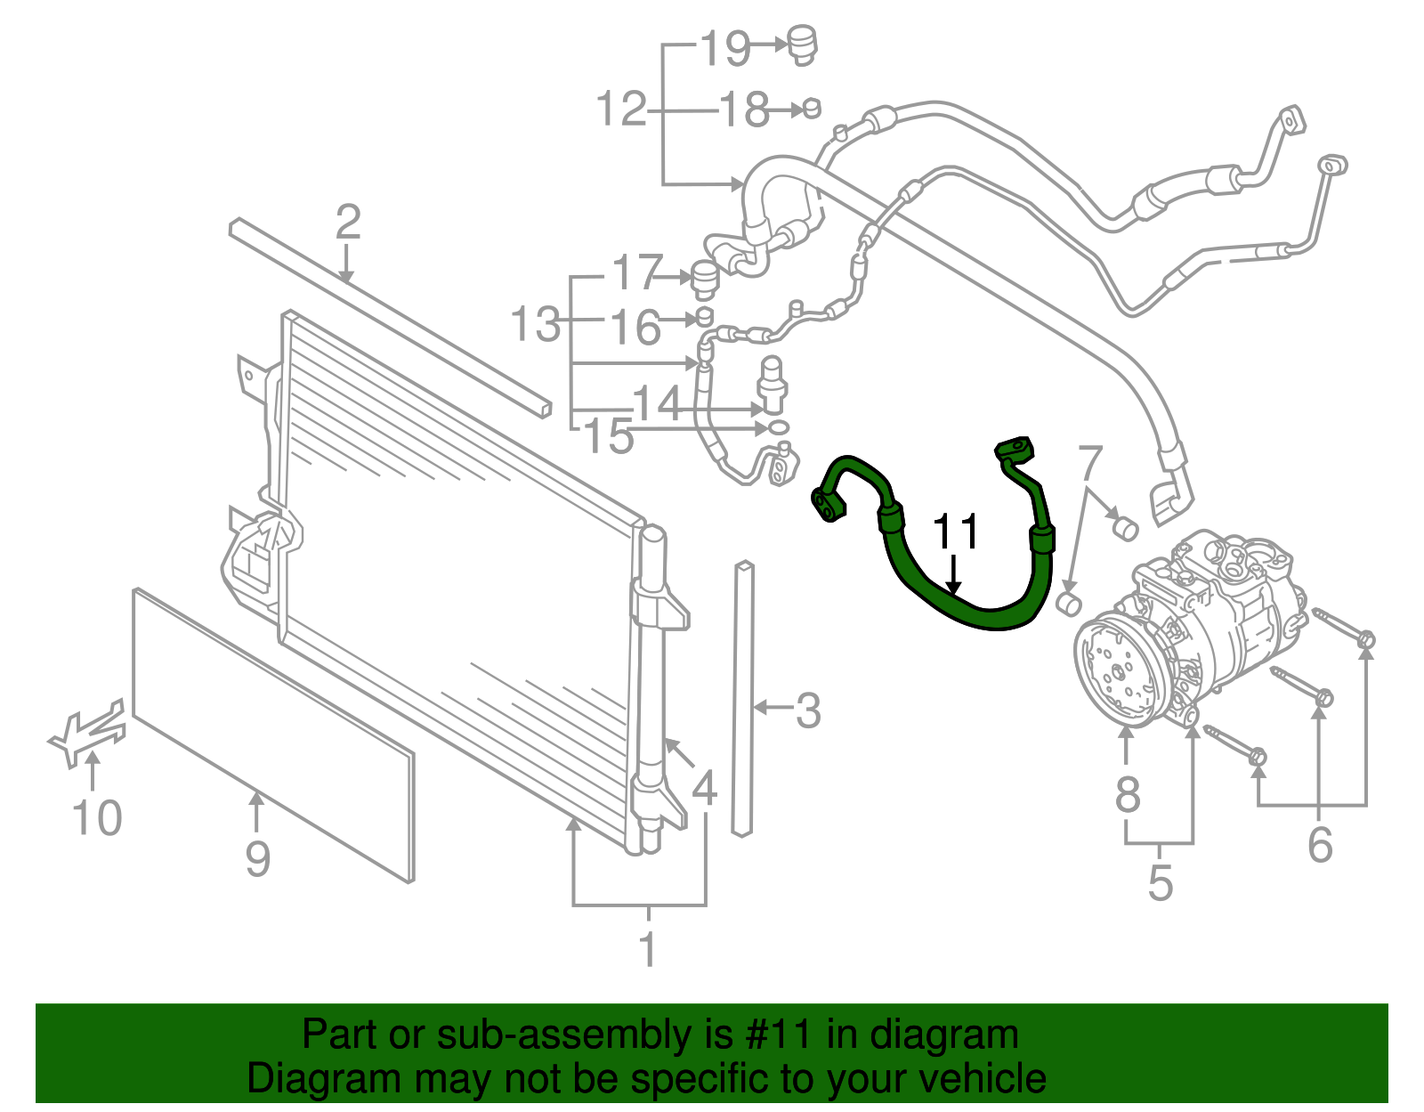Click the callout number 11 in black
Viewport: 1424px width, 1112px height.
pos(955,532)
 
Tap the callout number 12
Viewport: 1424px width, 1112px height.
pos(620,110)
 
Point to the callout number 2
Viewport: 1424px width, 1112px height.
pos(348,222)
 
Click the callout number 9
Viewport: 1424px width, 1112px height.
pos(257,858)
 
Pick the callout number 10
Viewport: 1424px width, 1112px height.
pos(97,817)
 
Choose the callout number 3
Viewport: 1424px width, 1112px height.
pos(807,710)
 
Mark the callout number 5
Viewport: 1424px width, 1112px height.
pos(1160,882)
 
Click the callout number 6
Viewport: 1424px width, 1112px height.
pos(1320,844)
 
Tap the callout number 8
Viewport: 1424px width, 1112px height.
pos(1128,794)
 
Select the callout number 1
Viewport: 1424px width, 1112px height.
pos(648,949)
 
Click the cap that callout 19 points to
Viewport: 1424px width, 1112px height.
pos(803,45)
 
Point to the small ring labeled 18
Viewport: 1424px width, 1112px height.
pos(811,109)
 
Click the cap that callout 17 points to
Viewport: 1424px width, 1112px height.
pos(704,279)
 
